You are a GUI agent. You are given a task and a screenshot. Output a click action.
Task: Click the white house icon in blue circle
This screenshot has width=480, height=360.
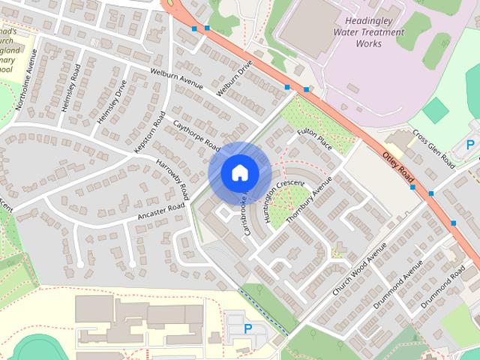[x=239, y=172]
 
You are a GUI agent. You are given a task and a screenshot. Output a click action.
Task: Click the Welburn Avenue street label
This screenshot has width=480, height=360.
[x=177, y=80]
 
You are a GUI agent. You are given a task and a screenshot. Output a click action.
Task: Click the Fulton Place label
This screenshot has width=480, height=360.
[x=313, y=139]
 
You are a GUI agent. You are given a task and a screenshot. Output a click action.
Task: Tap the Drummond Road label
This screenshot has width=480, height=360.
[x=442, y=289]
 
